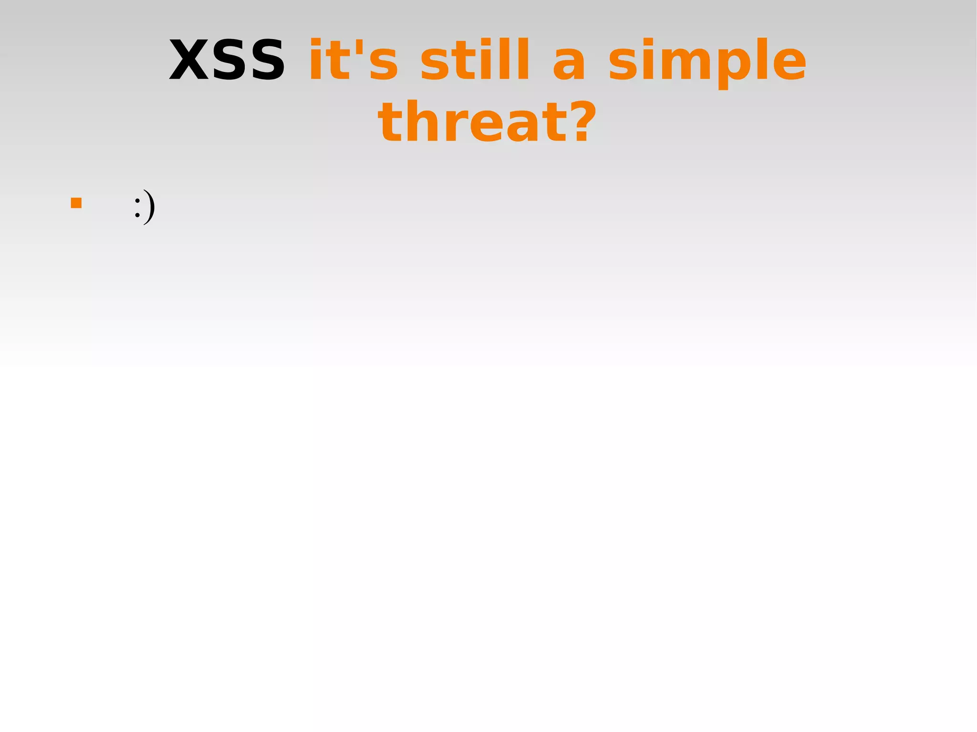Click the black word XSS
(x=227, y=60)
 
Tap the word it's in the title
(x=353, y=60)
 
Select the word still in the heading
(x=475, y=60)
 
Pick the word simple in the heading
(x=707, y=62)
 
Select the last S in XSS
(x=265, y=60)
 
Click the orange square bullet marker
(x=76, y=203)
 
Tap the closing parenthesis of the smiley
(x=150, y=206)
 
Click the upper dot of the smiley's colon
(x=137, y=200)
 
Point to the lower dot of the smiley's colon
(x=137, y=216)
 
